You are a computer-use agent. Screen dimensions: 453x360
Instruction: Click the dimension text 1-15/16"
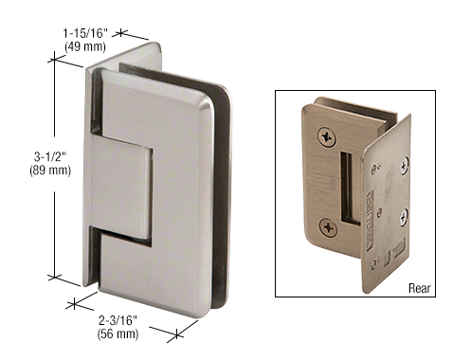tap(85, 32)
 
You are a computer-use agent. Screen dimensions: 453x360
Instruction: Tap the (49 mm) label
tap(85, 46)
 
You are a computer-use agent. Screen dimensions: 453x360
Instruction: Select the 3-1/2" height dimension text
tap(50, 156)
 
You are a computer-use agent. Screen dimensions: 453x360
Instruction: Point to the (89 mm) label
tap(50, 171)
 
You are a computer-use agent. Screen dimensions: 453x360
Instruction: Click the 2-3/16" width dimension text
tap(118, 320)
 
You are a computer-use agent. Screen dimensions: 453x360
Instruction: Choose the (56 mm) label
tap(118, 333)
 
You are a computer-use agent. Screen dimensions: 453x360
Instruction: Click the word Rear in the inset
tap(420, 288)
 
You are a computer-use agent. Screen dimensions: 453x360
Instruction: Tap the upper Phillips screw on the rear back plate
tap(327, 136)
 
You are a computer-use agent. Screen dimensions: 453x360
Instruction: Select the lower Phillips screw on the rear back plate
tap(329, 227)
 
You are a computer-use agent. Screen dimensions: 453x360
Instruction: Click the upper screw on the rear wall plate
tap(405, 166)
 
